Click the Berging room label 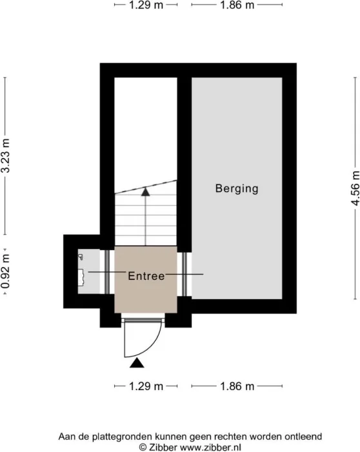click(237, 188)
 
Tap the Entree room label click(146, 276)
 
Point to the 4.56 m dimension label click(355, 188)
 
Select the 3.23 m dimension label click(5, 155)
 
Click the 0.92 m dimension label click(5, 271)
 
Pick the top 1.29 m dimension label click(146, 5)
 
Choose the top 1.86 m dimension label click(237, 5)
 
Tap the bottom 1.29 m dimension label click(146, 386)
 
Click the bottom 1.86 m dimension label click(237, 386)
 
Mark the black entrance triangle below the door click(137, 363)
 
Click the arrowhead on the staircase click(145, 192)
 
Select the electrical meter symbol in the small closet click(81, 277)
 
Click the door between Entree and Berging click(185, 274)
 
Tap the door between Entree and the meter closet click(107, 272)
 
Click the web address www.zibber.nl click(210, 447)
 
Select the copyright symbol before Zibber click(143, 447)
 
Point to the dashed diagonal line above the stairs click(146, 186)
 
